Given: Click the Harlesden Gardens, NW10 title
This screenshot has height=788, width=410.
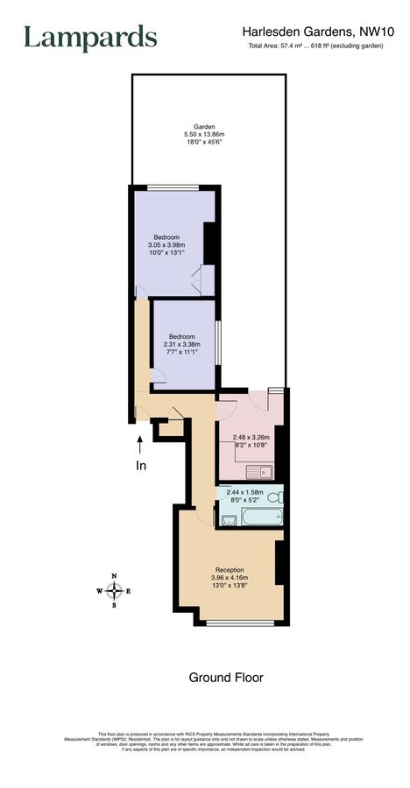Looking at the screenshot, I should coord(318,31).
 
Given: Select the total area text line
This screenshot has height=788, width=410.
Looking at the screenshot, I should coord(316,46).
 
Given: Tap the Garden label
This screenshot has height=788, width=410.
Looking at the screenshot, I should coord(204,125).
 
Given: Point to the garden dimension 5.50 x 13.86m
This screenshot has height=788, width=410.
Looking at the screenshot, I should coord(204,134).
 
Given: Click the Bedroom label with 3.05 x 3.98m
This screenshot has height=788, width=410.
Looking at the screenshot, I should coord(166,237).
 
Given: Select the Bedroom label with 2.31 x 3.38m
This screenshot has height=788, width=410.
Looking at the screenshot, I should coord(181,336).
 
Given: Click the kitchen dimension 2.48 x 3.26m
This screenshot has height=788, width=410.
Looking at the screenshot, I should coord(251,437).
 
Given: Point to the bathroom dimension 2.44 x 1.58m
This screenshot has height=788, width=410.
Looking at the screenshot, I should coord(245,493).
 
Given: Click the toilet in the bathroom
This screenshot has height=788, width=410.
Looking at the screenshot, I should coord(274,499).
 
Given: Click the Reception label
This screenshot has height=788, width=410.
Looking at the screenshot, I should coord(229,569).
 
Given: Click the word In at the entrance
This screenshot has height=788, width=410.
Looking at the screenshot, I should coord(140,466).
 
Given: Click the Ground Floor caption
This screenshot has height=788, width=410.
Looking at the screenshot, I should coord(226,677).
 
